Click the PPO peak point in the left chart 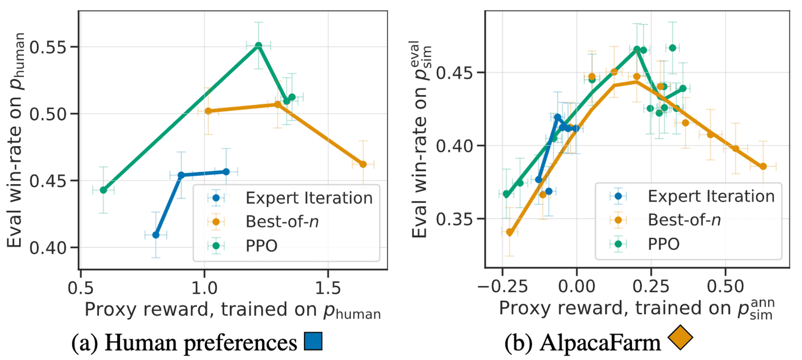[259, 45]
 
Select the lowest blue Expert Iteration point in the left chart [156, 235]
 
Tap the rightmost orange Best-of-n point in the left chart [363, 165]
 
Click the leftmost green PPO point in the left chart [104, 190]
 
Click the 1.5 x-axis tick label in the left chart [328, 288]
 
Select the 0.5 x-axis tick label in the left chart [81, 288]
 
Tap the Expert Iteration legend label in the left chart [309, 198]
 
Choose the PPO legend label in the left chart [261, 246]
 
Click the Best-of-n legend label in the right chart [684, 220]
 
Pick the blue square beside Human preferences [313, 341]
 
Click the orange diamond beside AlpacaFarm [680, 337]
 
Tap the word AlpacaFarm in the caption [600, 342]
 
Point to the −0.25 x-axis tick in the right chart [503, 286]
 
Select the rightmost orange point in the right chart [763, 166]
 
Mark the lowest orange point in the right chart [510, 232]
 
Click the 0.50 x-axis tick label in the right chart [726, 286]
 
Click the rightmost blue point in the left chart [226, 172]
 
